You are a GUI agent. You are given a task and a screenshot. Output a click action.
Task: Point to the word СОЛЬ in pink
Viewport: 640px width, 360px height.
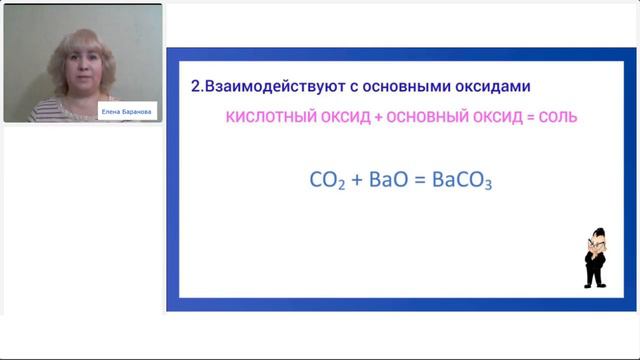(555, 118)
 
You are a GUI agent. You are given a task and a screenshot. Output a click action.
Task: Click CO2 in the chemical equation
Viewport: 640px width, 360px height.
(326, 182)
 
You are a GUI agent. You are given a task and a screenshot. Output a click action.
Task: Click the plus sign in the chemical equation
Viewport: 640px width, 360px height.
(354, 182)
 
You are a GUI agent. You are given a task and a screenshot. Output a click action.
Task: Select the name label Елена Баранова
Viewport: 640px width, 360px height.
(128, 113)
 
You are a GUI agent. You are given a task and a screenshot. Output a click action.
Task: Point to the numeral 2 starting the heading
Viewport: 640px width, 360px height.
(195, 87)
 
